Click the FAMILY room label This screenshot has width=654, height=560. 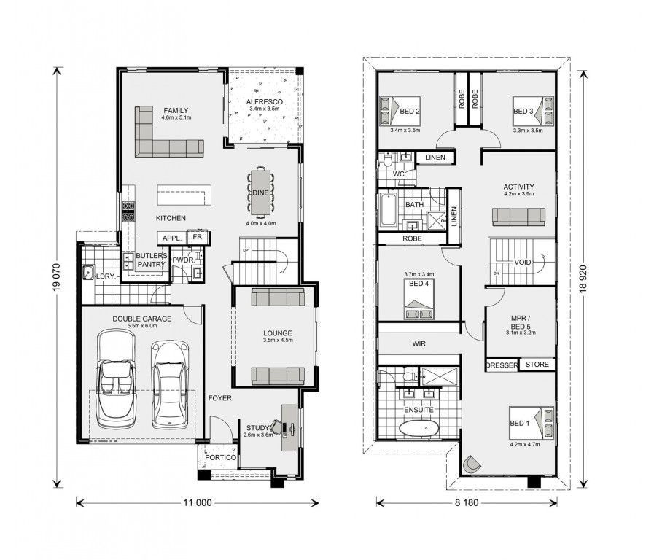176,111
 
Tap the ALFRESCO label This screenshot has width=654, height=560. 265,102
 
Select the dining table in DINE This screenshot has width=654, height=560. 260,192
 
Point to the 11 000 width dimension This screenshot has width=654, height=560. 198,503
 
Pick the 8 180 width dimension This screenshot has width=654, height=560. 467,503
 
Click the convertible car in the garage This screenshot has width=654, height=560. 116,378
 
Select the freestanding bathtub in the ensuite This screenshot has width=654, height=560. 419,428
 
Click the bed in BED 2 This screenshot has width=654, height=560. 400,111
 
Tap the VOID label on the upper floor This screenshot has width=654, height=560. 523,262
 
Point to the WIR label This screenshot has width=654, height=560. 419,344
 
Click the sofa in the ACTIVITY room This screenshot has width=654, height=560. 519,217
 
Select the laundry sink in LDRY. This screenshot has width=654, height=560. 87,272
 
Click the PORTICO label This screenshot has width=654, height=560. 220,457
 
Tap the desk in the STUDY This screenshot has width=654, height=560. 289,427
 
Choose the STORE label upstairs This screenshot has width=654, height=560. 537,364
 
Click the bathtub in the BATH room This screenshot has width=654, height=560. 388,210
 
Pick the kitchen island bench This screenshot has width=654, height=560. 184,195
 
